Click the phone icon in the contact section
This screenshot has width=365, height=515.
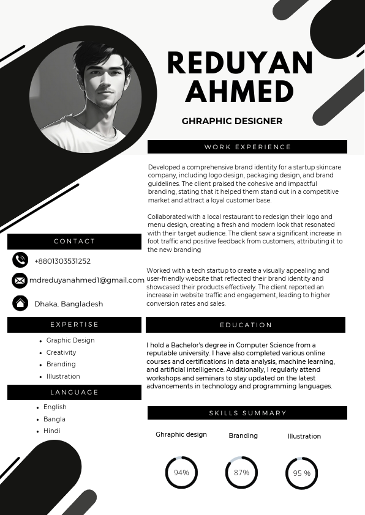click(x=20, y=260)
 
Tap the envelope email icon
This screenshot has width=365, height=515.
click(x=20, y=280)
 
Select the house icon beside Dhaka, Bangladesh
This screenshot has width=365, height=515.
click(x=20, y=303)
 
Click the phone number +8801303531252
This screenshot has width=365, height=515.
click(x=62, y=261)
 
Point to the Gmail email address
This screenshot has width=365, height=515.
click(x=87, y=280)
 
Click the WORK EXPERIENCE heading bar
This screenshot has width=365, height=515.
click(x=247, y=147)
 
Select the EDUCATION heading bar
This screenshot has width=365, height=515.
click(x=246, y=325)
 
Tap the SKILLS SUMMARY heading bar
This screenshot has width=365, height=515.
click(x=247, y=413)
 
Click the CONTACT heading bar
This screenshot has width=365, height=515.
click(x=74, y=242)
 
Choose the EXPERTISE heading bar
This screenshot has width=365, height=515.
click(x=74, y=324)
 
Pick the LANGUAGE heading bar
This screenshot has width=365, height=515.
click(x=74, y=392)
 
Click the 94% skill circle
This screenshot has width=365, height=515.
click(x=181, y=473)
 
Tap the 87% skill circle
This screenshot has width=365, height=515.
click(x=241, y=473)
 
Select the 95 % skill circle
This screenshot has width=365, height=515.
click(x=301, y=473)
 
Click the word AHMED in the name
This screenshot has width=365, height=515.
click(x=239, y=92)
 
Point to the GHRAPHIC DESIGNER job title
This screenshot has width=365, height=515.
click(x=232, y=121)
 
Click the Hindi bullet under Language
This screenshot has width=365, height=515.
click(x=51, y=431)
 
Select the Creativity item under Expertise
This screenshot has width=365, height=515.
click(x=61, y=352)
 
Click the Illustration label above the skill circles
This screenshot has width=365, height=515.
click(x=304, y=436)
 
